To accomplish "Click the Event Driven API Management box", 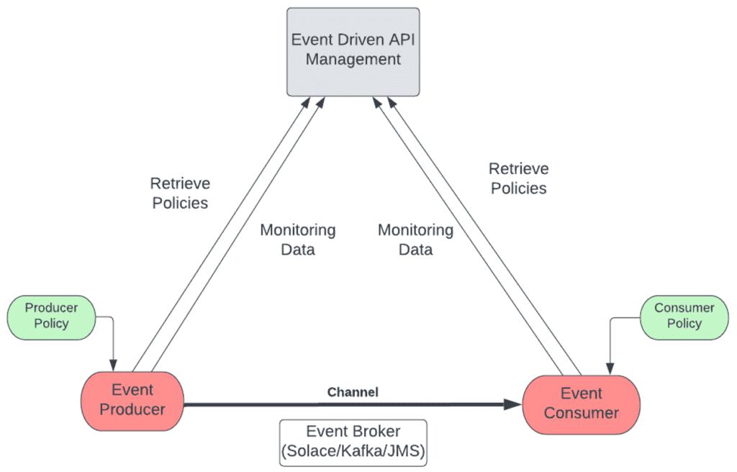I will pyautogui.click(x=353, y=51).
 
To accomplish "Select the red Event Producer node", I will pyautogui.click(x=132, y=400).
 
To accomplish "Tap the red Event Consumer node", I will pyautogui.click(x=581, y=404).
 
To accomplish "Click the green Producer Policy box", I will pyautogui.click(x=51, y=316).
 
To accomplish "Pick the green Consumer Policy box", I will pyautogui.click(x=684, y=316).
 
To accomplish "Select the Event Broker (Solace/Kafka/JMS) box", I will pyautogui.click(x=353, y=443).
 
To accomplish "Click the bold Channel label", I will pyautogui.click(x=353, y=392).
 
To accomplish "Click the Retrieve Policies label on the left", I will pyautogui.click(x=179, y=193).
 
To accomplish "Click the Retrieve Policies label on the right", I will pyautogui.click(x=518, y=178).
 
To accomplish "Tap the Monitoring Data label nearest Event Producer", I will pyautogui.click(x=297, y=240).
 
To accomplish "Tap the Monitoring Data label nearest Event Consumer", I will pyautogui.click(x=415, y=240).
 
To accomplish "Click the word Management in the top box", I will pyautogui.click(x=353, y=59).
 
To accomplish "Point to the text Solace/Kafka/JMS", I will pyautogui.click(x=353, y=452).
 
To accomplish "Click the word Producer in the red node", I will pyautogui.click(x=132, y=409).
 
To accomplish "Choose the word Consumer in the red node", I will pyautogui.click(x=581, y=413).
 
